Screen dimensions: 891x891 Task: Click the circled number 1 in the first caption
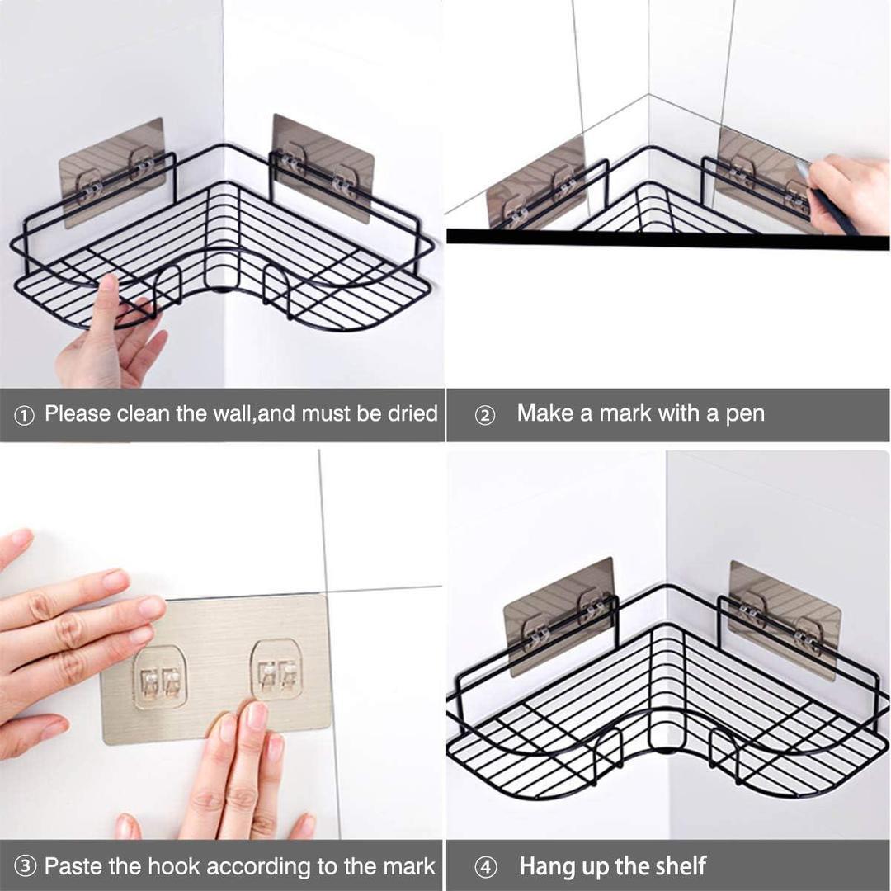click(24, 416)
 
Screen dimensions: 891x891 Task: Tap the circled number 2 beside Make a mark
click(485, 416)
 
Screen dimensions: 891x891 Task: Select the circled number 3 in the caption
click(26, 867)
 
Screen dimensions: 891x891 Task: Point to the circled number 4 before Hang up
click(486, 868)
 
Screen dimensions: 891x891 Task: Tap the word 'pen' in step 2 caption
click(745, 413)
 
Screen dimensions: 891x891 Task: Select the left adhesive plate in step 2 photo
click(536, 185)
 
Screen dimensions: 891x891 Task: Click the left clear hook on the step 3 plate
click(160, 679)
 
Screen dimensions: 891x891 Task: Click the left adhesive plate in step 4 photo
click(559, 615)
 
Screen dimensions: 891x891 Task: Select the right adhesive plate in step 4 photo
click(784, 619)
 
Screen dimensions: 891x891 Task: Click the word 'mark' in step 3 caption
click(404, 866)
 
